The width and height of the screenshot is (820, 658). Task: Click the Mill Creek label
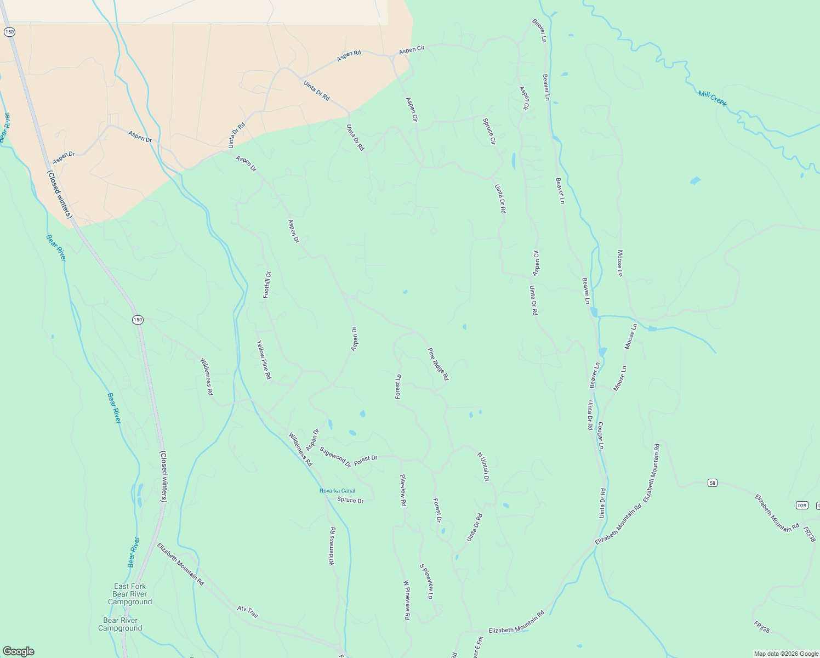[712, 98]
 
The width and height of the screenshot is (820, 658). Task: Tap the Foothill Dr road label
[267, 285]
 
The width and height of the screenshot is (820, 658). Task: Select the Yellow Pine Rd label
[264, 360]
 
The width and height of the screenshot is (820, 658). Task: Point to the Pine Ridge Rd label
[438, 364]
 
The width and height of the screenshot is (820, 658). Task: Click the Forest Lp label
[398, 387]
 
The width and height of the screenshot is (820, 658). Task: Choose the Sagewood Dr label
[335, 457]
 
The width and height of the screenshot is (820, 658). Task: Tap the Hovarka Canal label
[337, 491]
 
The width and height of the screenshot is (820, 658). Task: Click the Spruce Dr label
[350, 500]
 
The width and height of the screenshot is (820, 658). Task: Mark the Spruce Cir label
[489, 132]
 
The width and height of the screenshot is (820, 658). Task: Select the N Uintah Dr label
[482, 467]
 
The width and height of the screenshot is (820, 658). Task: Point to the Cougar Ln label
[600, 436]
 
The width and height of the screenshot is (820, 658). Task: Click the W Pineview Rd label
[407, 600]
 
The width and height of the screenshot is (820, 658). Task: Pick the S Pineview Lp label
[426, 581]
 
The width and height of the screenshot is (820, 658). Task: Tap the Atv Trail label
[247, 611]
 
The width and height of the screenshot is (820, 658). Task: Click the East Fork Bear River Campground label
[130, 594]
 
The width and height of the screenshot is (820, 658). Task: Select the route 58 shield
[712, 483]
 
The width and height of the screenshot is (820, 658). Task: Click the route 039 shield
[802, 505]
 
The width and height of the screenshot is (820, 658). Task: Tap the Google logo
[18, 651]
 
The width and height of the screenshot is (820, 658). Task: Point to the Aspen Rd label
[349, 55]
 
